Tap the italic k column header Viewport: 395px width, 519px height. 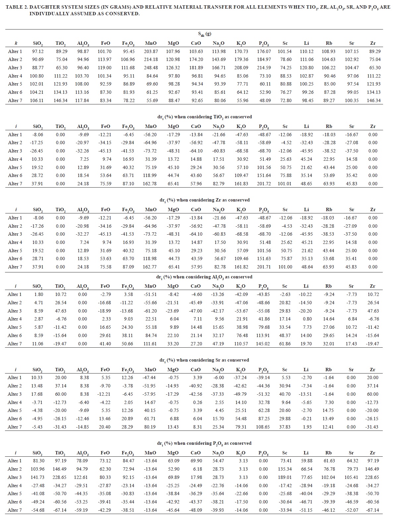pos(16,43)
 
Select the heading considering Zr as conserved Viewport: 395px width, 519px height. pos(204,200)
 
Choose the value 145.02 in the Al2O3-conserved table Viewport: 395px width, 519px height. pos(263,344)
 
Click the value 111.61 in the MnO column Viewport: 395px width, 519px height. pos(150,344)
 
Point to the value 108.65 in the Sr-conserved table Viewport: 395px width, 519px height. pos(263,427)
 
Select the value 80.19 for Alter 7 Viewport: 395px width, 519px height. pos(150,427)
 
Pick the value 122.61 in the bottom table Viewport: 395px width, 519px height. pos(82,477)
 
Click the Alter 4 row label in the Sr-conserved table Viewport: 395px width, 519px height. pos(15,402)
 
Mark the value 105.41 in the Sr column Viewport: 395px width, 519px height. pos(351,477)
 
